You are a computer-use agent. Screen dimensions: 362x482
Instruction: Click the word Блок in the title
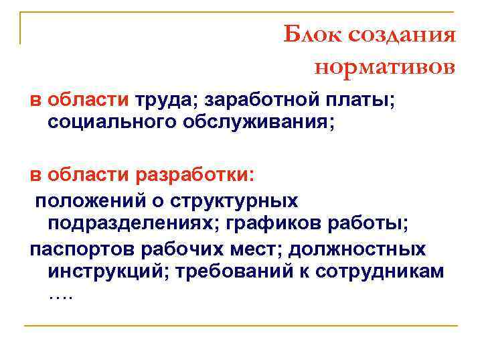[311, 34]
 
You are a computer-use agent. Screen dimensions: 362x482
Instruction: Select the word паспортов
[83, 249]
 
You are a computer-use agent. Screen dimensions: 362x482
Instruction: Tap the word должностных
[374, 249]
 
